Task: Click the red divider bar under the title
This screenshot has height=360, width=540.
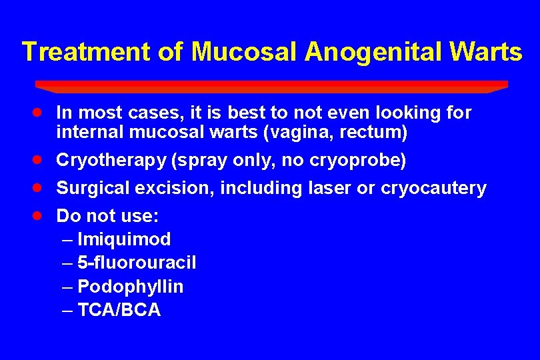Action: point(271,86)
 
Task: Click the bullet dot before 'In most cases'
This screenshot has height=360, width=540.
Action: point(41,112)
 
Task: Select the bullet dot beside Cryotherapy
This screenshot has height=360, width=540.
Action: point(41,160)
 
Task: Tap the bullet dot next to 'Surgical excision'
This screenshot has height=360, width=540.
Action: point(41,188)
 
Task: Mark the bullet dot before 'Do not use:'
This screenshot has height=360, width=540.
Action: point(41,216)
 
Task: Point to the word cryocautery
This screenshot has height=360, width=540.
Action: point(433,189)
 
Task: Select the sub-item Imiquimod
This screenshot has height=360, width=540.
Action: point(124,239)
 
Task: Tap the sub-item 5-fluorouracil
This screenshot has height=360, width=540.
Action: point(137,263)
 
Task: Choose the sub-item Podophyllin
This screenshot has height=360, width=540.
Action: point(131,287)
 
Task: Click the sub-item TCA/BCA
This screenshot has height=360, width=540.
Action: point(119,310)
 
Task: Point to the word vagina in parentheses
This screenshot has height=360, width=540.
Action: point(295,133)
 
